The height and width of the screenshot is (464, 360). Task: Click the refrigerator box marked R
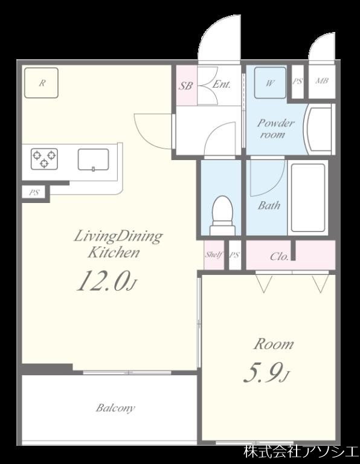click(x=42, y=83)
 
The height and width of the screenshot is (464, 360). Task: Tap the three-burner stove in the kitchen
click(x=44, y=159)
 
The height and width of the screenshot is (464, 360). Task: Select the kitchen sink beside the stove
click(x=93, y=159)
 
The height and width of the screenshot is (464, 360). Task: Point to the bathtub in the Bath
click(x=308, y=198)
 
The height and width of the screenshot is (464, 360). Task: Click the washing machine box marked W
click(x=270, y=83)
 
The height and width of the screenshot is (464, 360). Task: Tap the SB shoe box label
click(x=185, y=86)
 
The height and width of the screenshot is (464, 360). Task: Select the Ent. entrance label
click(x=222, y=85)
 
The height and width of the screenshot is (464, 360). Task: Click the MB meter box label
click(x=322, y=80)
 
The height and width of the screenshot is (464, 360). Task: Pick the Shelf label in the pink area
click(x=214, y=254)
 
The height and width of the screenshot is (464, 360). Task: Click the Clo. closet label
click(x=279, y=256)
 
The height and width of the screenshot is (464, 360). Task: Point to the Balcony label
click(x=115, y=408)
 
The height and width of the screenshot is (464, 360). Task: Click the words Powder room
click(x=275, y=129)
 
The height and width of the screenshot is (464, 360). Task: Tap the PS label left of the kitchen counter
click(x=34, y=193)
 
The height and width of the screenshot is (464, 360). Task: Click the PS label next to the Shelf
click(x=234, y=255)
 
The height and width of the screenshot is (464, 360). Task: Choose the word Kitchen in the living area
click(x=114, y=253)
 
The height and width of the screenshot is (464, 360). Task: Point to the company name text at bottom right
click(x=301, y=451)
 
